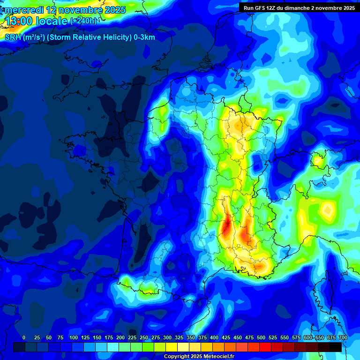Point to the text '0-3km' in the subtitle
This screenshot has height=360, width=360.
(x=144, y=37)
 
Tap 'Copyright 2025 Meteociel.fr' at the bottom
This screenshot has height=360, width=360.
(x=199, y=356)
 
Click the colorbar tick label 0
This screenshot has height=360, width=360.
(x=24, y=337)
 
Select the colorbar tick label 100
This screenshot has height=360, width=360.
(x=73, y=337)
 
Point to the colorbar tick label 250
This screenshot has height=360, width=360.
(x=143, y=337)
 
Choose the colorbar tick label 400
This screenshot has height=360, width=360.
(x=214, y=337)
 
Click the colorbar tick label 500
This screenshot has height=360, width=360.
(x=261, y=337)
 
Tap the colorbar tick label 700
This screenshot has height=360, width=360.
(x=343, y=337)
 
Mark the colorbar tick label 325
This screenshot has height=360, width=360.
(x=179, y=337)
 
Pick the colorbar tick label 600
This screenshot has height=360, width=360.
(x=308, y=337)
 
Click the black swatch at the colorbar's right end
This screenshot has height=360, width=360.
(x=336, y=347)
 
